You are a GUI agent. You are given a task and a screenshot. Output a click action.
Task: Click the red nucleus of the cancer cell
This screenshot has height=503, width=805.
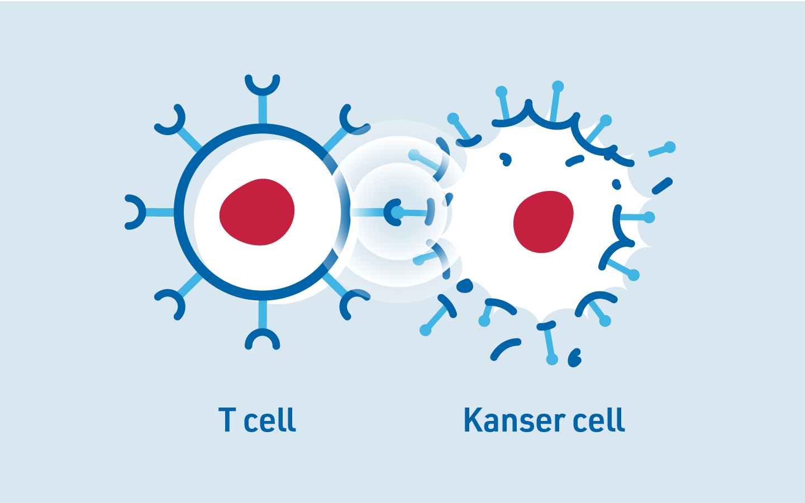(x=543, y=222)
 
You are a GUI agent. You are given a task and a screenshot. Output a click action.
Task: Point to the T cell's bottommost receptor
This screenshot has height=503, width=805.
(x=262, y=337)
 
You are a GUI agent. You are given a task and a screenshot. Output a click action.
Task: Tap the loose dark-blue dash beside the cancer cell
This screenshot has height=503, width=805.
(x=663, y=186)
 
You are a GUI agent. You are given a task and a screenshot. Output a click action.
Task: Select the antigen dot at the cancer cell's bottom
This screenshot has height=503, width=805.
(x=552, y=359)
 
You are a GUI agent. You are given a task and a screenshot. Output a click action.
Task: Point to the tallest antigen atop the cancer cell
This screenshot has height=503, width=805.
(x=558, y=87)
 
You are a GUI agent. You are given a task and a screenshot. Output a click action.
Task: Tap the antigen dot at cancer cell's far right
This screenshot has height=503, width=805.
(x=649, y=217)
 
